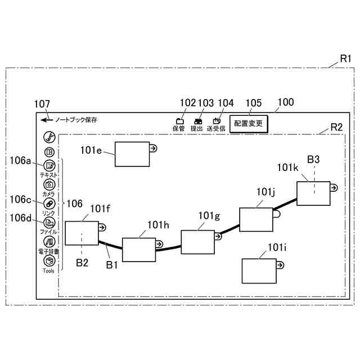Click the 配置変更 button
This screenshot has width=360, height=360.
(249, 123)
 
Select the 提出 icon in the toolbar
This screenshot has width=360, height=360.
(197, 120)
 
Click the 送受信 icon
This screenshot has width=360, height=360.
(216, 120)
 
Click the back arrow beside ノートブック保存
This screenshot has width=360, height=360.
(44, 120)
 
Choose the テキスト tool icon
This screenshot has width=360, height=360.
(49, 166)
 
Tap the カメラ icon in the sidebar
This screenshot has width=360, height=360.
(49, 184)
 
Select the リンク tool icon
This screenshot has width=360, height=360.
(49, 203)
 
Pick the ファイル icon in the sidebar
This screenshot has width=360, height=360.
(49, 222)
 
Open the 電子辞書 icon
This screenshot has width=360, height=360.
(49, 241)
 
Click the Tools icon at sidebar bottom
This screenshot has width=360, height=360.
(49, 260)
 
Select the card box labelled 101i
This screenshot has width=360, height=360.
(258, 271)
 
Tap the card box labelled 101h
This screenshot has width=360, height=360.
(139, 250)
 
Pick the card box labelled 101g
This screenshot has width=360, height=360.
(197, 242)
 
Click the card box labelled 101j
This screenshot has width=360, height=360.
(256, 219)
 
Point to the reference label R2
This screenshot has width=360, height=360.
(336, 127)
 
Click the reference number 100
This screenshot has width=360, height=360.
(286, 102)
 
